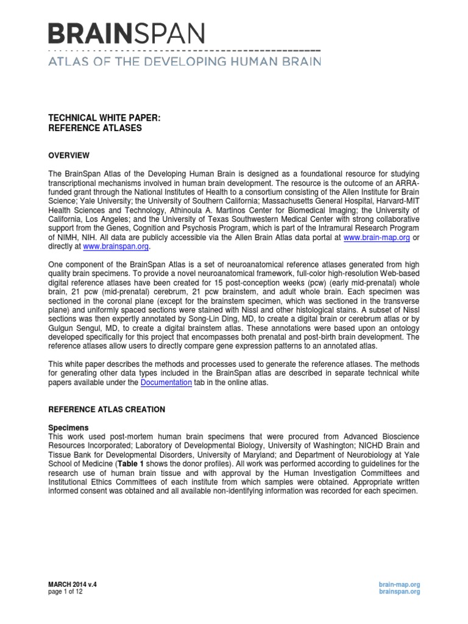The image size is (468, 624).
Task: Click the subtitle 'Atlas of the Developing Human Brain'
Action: click(x=185, y=61)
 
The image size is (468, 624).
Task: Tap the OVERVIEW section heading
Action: click(x=69, y=155)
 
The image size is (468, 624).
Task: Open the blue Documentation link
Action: click(x=166, y=382)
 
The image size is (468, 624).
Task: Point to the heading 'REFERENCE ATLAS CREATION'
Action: click(x=107, y=409)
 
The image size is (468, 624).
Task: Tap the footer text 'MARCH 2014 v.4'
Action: click(x=73, y=584)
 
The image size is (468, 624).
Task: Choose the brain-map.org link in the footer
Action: click(x=399, y=584)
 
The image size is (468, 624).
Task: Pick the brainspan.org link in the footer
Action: click(x=399, y=592)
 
